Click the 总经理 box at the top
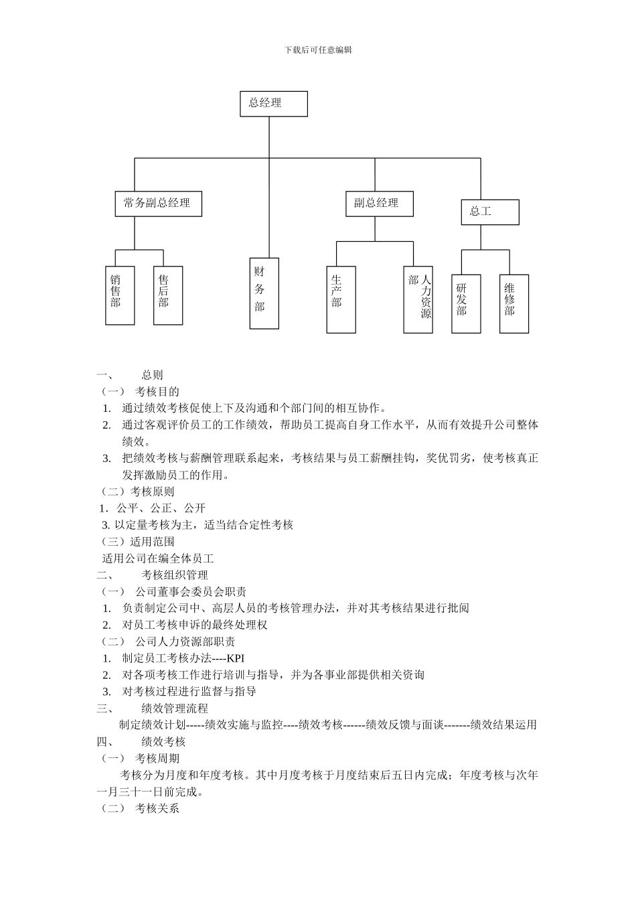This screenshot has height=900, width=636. click(274, 104)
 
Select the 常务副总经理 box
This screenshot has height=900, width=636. click(158, 204)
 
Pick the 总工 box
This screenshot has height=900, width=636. click(490, 212)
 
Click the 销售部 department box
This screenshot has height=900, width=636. click(120, 295)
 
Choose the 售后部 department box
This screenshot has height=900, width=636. click(168, 295)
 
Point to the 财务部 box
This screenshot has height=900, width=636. click(264, 293)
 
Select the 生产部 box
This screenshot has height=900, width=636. click(341, 299)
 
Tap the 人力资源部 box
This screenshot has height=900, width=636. click(418, 299)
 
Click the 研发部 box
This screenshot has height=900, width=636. click(465, 303)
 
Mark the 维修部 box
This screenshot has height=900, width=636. click(513, 303)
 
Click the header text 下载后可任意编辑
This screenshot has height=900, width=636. click(318, 50)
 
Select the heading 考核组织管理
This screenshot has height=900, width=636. click(175, 575)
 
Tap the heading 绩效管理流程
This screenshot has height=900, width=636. click(175, 708)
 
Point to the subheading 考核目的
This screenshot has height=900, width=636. click(157, 391)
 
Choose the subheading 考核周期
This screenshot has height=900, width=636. click(157, 758)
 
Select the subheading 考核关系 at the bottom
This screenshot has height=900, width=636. click(157, 808)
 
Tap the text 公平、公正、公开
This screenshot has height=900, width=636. click(161, 508)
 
